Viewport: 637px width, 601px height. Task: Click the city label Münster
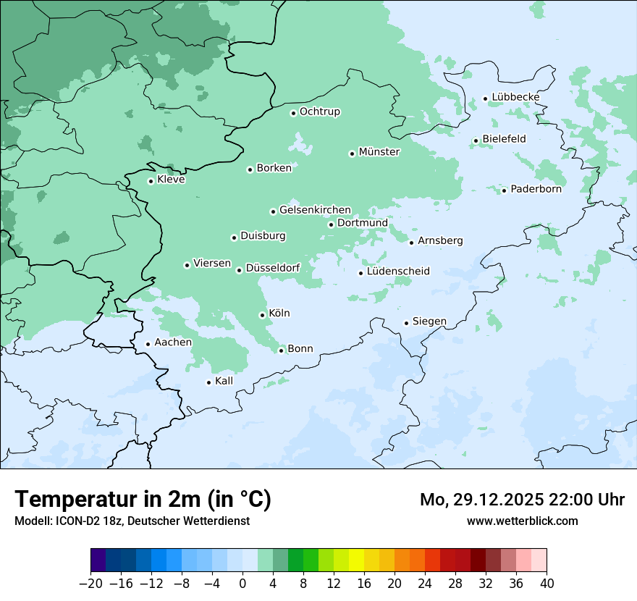pos(379,152)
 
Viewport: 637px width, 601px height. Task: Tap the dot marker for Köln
pos(262,315)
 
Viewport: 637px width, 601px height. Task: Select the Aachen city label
pos(173,342)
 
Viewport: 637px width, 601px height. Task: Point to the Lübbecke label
pos(515,97)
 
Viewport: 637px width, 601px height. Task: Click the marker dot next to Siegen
pos(406,323)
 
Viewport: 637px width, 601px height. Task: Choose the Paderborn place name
pos(536,189)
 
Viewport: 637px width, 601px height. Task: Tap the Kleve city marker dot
pos(151,181)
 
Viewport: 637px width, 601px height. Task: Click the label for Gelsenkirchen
pos(315,210)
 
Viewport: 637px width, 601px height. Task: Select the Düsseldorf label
pos(273,269)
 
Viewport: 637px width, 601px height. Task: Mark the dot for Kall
pos(208,382)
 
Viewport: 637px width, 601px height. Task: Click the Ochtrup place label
pos(319,112)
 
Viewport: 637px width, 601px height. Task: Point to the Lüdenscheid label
pos(398,272)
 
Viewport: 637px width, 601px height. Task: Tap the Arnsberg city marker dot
pos(411,242)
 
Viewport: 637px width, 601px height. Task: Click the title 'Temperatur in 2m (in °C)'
pos(143,499)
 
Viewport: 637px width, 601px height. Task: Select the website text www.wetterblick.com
pos(522,521)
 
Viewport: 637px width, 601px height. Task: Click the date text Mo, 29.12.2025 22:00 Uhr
pos(522,500)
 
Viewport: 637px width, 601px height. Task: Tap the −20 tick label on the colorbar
pos(90,584)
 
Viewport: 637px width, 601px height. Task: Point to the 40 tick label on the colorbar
pos(547,584)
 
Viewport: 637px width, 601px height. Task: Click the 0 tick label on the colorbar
pos(242,584)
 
